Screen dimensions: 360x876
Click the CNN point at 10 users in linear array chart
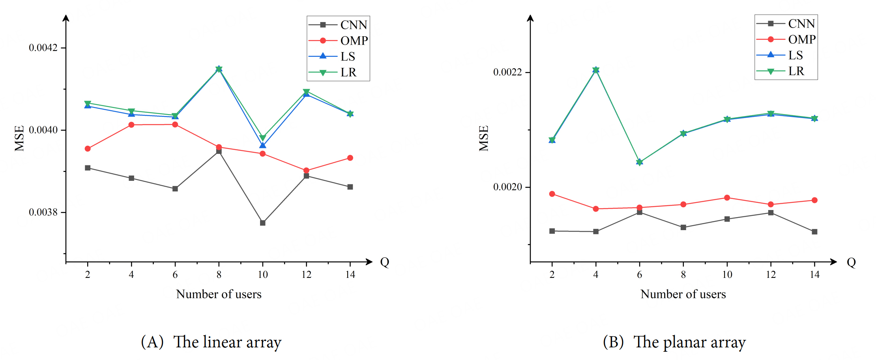coord(263,223)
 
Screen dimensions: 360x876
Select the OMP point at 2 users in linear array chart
coord(88,149)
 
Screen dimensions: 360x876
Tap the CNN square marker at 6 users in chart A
coord(175,189)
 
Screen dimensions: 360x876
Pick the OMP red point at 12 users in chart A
coord(307,171)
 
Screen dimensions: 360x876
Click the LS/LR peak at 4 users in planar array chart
coord(596,70)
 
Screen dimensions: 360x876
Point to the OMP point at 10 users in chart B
coord(727,198)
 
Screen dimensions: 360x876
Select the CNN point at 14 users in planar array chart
coord(815,232)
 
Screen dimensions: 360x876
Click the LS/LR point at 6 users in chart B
coord(640,162)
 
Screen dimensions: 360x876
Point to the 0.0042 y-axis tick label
coord(43,48)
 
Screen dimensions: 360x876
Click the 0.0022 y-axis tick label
coord(507,72)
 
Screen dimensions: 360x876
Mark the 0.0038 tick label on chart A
coord(43,212)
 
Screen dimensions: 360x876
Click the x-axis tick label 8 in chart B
coord(683,275)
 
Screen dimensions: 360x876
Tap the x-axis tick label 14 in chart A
coord(350,275)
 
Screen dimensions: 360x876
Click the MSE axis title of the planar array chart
coord(484,138)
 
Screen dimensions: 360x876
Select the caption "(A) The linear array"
coord(211,342)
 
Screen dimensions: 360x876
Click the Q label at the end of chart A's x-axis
coord(385,262)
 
